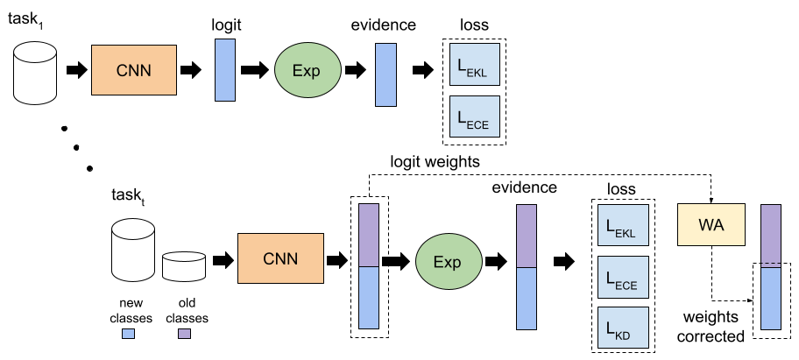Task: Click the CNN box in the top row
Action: click(134, 70)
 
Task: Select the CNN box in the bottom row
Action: click(280, 258)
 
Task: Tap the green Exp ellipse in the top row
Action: click(308, 71)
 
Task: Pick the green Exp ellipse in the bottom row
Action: click(449, 262)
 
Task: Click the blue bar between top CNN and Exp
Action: click(225, 70)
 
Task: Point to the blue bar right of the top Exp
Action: click(385, 74)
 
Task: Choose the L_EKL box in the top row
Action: click(475, 64)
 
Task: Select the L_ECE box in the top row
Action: click(475, 116)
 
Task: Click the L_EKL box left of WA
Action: click(623, 225)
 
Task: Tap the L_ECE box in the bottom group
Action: click(623, 277)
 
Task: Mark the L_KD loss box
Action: click(623, 328)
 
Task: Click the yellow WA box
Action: click(711, 224)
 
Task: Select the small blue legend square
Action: click(128, 334)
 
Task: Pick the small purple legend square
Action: click(184, 334)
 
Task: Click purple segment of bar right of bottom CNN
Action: click(369, 235)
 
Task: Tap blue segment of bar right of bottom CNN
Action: click(369, 298)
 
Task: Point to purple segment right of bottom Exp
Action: click(527, 236)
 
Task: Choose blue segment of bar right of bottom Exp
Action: click(527, 299)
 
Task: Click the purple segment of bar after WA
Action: click(771, 234)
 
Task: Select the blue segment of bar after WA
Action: click(771, 298)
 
